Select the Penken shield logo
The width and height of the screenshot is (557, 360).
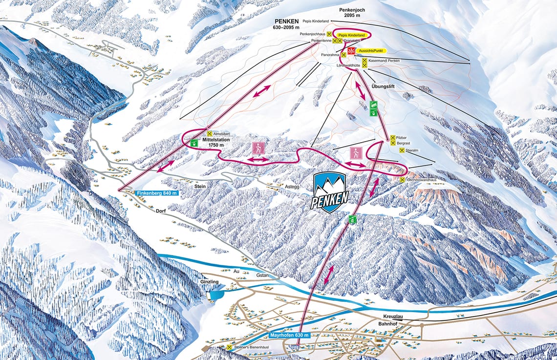pyautogui.click(x=331, y=192)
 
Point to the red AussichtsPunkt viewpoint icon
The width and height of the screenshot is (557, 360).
pyautogui.click(x=351, y=51)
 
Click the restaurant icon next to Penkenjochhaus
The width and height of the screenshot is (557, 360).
pyautogui.click(x=329, y=34)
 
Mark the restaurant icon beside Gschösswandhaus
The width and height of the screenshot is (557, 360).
pyautogui.click(x=402, y=180)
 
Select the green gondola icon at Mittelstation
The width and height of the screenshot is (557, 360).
pyautogui.click(x=194, y=143)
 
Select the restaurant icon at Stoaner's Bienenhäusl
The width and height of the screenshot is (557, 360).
pyautogui.click(x=230, y=347)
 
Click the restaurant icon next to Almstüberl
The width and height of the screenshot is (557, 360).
pyautogui.click(x=210, y=133)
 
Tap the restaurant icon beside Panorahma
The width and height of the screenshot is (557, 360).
pyautogui.click(x=337, y=55)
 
